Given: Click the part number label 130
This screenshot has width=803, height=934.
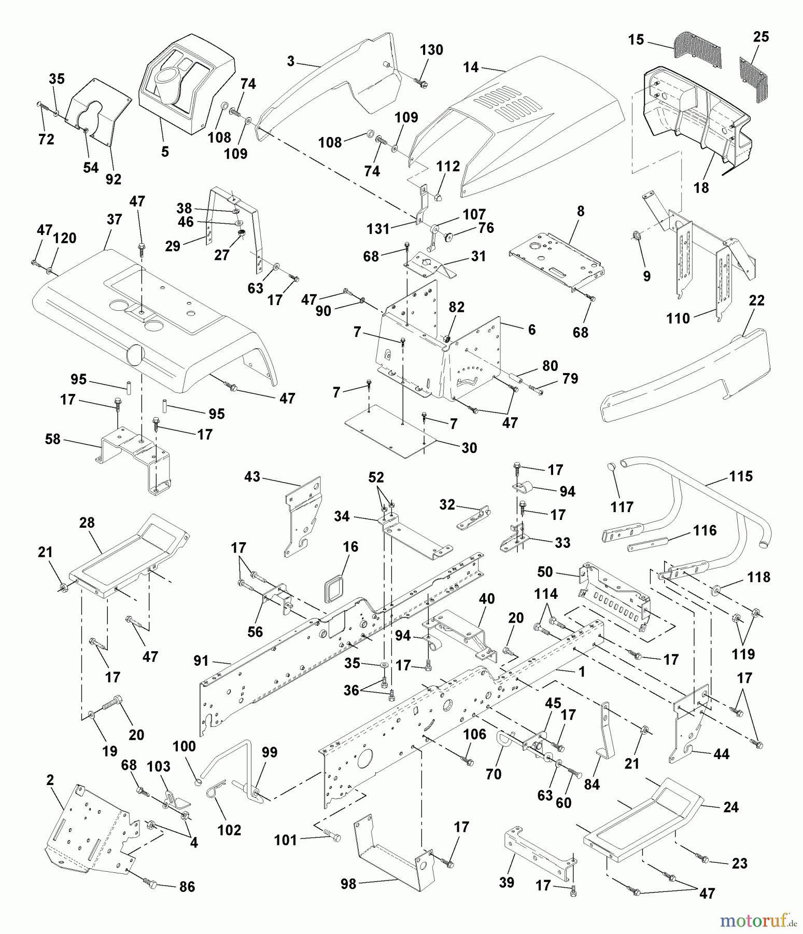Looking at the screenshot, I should coord(431,50).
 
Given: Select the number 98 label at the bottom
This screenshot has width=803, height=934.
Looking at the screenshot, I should coord(348,884).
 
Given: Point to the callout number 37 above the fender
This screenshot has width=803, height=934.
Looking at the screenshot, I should coord(114,219).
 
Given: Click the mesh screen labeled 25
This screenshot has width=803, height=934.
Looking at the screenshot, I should coord(754,80).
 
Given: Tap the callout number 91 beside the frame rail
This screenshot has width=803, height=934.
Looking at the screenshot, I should coord(201,661).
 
